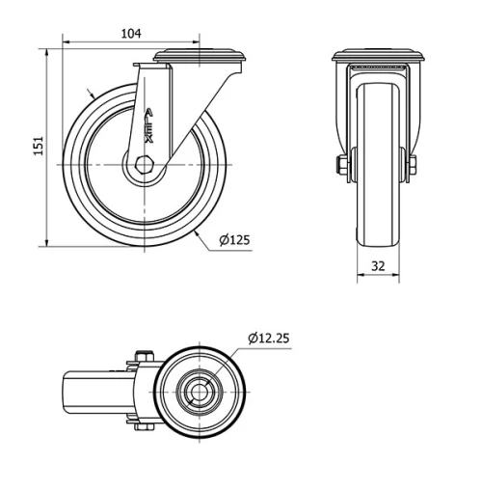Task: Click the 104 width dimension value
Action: (130, 34)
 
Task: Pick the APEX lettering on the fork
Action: (147, 124)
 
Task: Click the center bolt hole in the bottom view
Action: (201, 392)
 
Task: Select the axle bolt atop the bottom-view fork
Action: (143, 358)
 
